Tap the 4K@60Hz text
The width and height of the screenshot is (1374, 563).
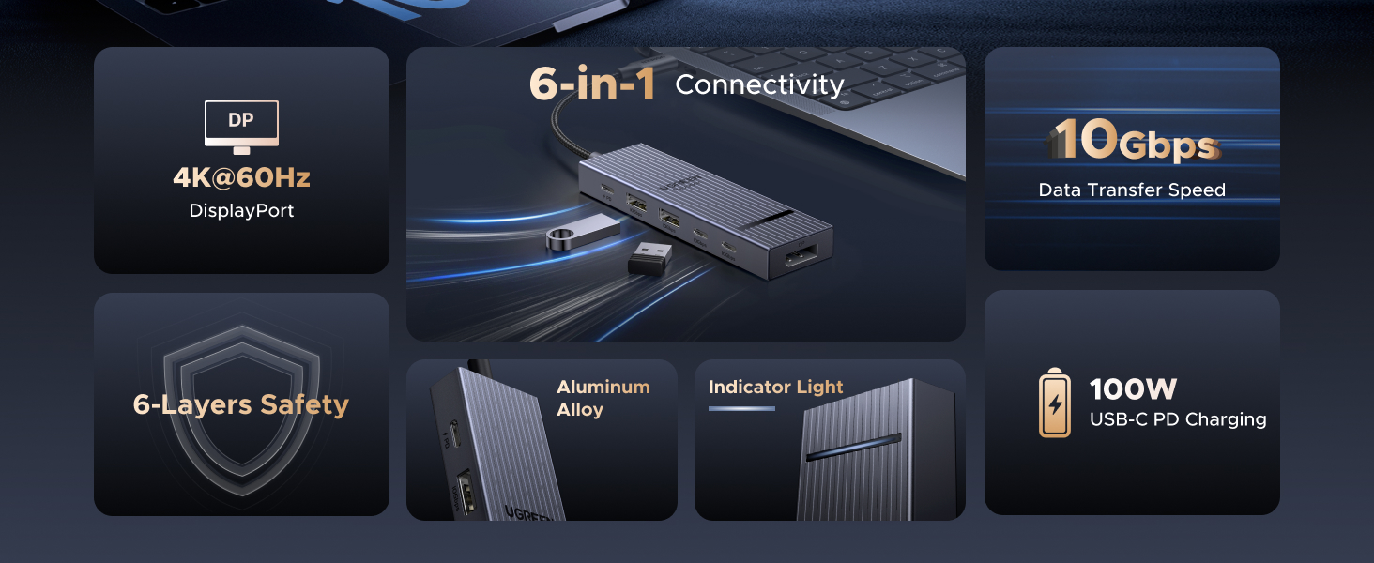click(241, 176)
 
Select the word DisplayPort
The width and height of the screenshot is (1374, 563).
click(241, 211)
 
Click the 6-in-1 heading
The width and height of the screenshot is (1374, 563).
click(592, 84)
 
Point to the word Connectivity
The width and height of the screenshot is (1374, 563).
click(759, 84)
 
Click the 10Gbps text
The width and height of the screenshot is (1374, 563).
click(1133, 141)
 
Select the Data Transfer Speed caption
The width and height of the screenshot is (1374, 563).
click(1132, 190)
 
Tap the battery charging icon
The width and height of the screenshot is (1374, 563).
click(1055, 403)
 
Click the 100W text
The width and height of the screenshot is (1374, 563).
click(1133, 388)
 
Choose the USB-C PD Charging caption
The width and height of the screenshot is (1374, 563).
click(1178, 419)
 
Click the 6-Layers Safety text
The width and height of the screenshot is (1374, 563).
click(241, 404)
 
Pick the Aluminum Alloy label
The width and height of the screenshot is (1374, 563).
click(603, 398)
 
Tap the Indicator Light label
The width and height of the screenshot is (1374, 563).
click(775, 387)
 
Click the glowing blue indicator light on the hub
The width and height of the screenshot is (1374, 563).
click(853, 447)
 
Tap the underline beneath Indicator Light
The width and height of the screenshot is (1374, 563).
click(741, 408)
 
